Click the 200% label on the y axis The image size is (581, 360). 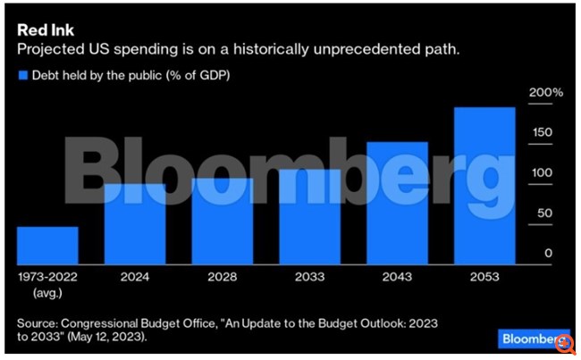coord(546,93)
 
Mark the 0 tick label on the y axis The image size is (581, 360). coord(548,254)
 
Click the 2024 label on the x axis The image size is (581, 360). coord(135,278)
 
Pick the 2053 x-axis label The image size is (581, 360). coord(485,278)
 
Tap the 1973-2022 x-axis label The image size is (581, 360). coord(47,278)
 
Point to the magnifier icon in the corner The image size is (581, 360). coord(566,342)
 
